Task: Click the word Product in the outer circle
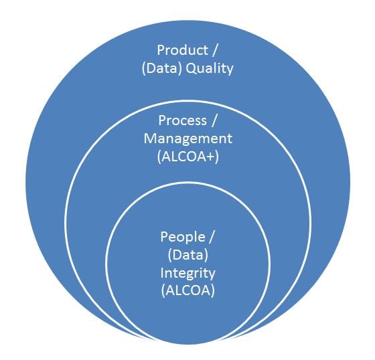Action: (x=182, y=50)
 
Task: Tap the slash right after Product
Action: (x=214, y=51)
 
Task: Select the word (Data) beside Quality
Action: (x=162, y=68)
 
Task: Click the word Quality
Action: (x=210, y=69)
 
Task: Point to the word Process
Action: (x=182, y=120)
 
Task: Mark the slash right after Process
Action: (x=214, y=121)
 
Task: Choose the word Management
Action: (x=187, y=139)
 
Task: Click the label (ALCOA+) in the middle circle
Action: (x=188, y=157)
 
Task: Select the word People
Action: (x=182, y=237)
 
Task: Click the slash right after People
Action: (x=211, y=237)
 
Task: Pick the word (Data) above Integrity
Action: (x=187, y=255)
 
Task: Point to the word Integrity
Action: (x=187, y=273)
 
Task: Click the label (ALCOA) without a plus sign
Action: (x=188, y=290)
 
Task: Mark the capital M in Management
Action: (x=151, y=139)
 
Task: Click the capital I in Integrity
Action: (x=162, y=272)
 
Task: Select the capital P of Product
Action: (x=161, y=50)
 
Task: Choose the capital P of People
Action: (x=164, y=237)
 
